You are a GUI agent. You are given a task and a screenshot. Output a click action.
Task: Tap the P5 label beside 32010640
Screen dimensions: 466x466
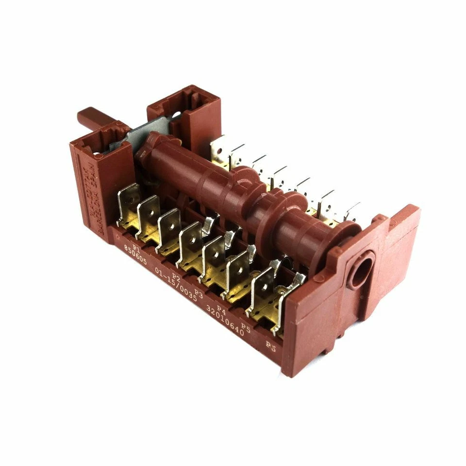[245, 329]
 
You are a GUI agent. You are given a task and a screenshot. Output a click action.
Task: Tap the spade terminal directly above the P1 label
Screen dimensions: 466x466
[128, 204]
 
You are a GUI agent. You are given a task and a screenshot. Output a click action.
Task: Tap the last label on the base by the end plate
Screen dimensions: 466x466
[271, 346]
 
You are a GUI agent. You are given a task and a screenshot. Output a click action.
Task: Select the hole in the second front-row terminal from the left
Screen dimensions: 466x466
[148, 214]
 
